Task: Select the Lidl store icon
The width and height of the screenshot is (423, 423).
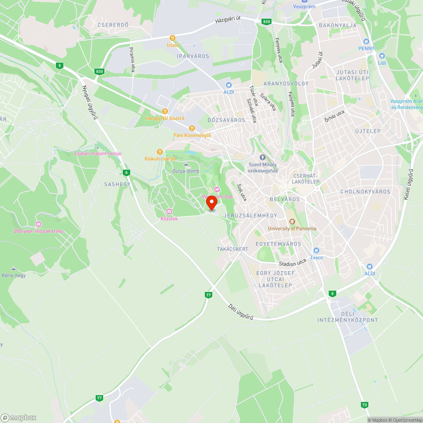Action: pyautogui.click(x=382, y=56)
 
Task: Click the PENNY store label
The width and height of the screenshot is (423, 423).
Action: pyautogui.click(x=366, y=48)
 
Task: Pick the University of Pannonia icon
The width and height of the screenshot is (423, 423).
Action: pyautogui.click(x=292, y=222)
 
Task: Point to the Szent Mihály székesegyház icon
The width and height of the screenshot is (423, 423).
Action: pyautogui.click(x=262, y=157)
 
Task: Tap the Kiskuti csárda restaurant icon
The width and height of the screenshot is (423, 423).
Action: pyautogui.click(x=160, y=151)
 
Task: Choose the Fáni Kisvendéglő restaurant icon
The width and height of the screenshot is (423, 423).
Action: pyautogui.click(x=192, y=128)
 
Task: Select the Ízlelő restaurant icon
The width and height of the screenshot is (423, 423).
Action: pyautogui.click(x=173, y=38)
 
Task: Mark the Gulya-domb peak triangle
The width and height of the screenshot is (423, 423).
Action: pyautogui.click(x=186, y=164)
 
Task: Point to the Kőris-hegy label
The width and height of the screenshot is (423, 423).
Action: pyautogui.click(x=14, y=275)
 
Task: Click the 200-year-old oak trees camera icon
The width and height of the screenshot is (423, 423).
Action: pyautogui.click(x=38, y=224)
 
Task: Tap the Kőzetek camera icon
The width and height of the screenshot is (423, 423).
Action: pyautogui.click(x=169, y=211)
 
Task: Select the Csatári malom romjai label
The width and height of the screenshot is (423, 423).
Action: pyautogui.click(x=98, y=154)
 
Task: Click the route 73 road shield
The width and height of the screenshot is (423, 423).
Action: pyautogui.click(x=365, y=405)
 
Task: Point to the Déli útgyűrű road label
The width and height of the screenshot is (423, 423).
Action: pyautogui.click(x=241, y=312)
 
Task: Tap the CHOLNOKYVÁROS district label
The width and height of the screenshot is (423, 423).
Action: pyautogui.click(x=365, y=192)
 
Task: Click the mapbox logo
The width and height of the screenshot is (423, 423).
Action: pyautogui.click(x=19, y=417)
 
